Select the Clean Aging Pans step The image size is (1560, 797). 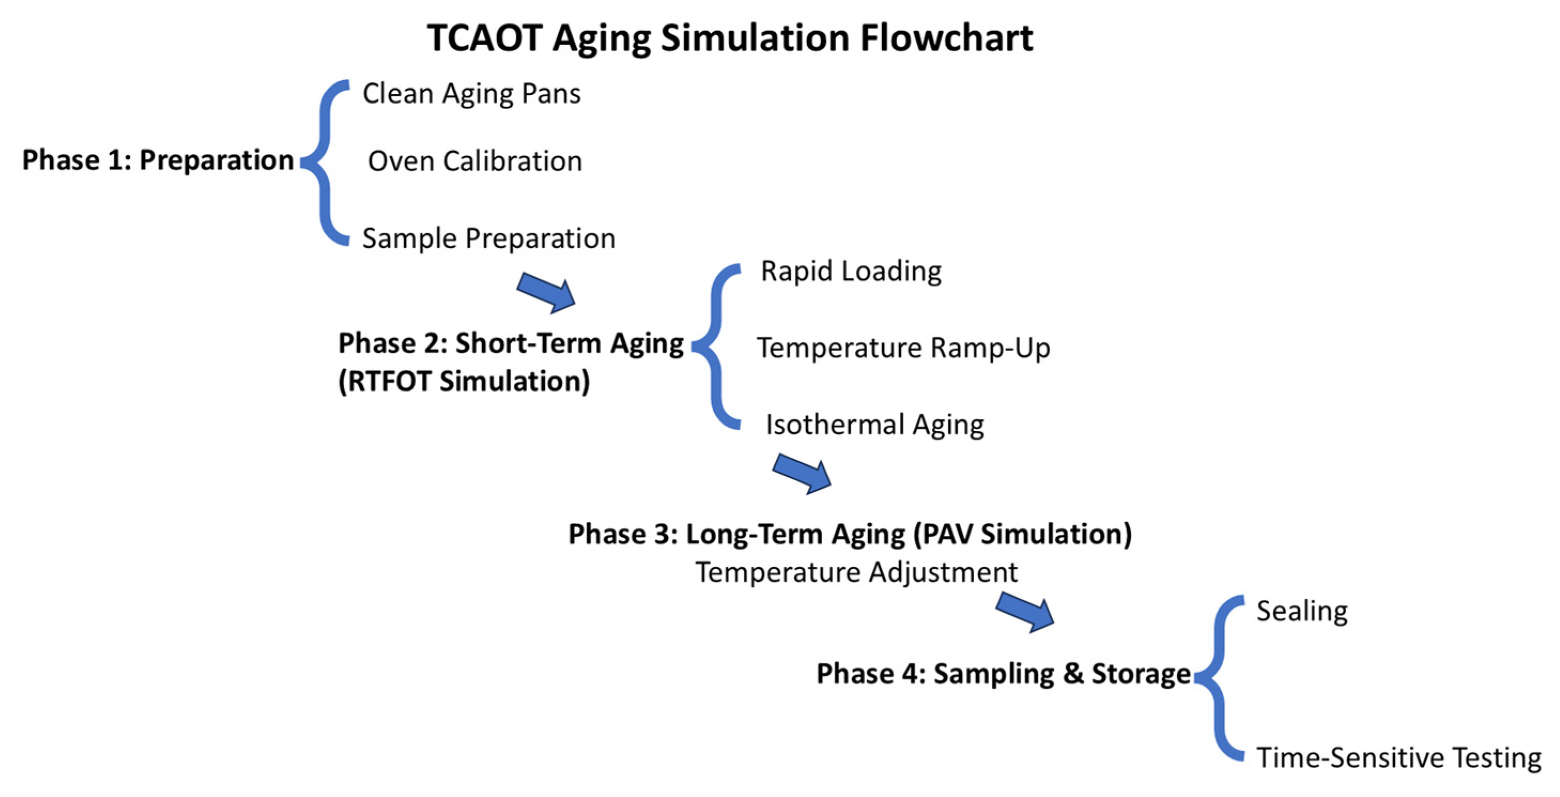(x=471, y=94)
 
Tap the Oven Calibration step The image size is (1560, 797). (x=475, y=161)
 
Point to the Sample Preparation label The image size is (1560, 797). (x=489, y=238)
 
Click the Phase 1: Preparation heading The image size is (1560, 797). (x=158, y=160)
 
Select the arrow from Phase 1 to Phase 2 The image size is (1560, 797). (x=546, y=293)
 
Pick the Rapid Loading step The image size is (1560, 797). (x=851, y=271)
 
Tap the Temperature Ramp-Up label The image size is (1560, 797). (x=903, y=348)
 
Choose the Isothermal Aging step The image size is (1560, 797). (x=875, y=425)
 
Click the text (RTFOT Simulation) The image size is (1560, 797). (x=464, y=382)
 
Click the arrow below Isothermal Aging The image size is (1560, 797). (x=802, y=474)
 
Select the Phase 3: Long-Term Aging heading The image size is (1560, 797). (x=850, y=534)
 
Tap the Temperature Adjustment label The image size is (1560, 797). (x=856, y=573)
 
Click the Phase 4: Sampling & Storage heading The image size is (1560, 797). (x=1003, y=674)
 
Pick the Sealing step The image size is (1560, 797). (x=1302, y=611)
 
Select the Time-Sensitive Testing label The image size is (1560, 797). (x=1399, y=757)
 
